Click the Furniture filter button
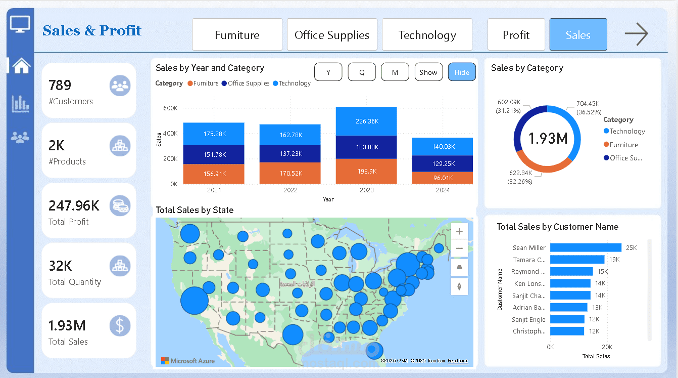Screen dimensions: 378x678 pos(237,35)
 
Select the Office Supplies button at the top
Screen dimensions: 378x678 pos(332,35)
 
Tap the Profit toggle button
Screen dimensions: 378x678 pos(516,35)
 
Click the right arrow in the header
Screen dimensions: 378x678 pos(636,34)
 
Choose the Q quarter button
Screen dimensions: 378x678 pos(362,72)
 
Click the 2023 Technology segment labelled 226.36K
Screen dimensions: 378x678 pos(366,121)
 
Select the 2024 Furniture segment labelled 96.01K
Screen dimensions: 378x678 pos(442,178)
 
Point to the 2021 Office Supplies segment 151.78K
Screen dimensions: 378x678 pos(214,154)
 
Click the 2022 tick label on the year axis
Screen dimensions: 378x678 pos(290,190)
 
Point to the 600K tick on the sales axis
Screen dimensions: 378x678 pos(170,108)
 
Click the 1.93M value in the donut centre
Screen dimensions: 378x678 pos(548,138)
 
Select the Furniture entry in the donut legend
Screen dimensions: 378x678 pos(623,145)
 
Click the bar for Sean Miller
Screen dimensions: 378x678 pos(586,247)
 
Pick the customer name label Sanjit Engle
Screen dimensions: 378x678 pos(528,319)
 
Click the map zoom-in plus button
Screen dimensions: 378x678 pos(459,232)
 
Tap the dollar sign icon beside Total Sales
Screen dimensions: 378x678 pos(120,326)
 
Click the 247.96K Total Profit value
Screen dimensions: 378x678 pos(74,205)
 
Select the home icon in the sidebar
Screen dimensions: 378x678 pos(21,65)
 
